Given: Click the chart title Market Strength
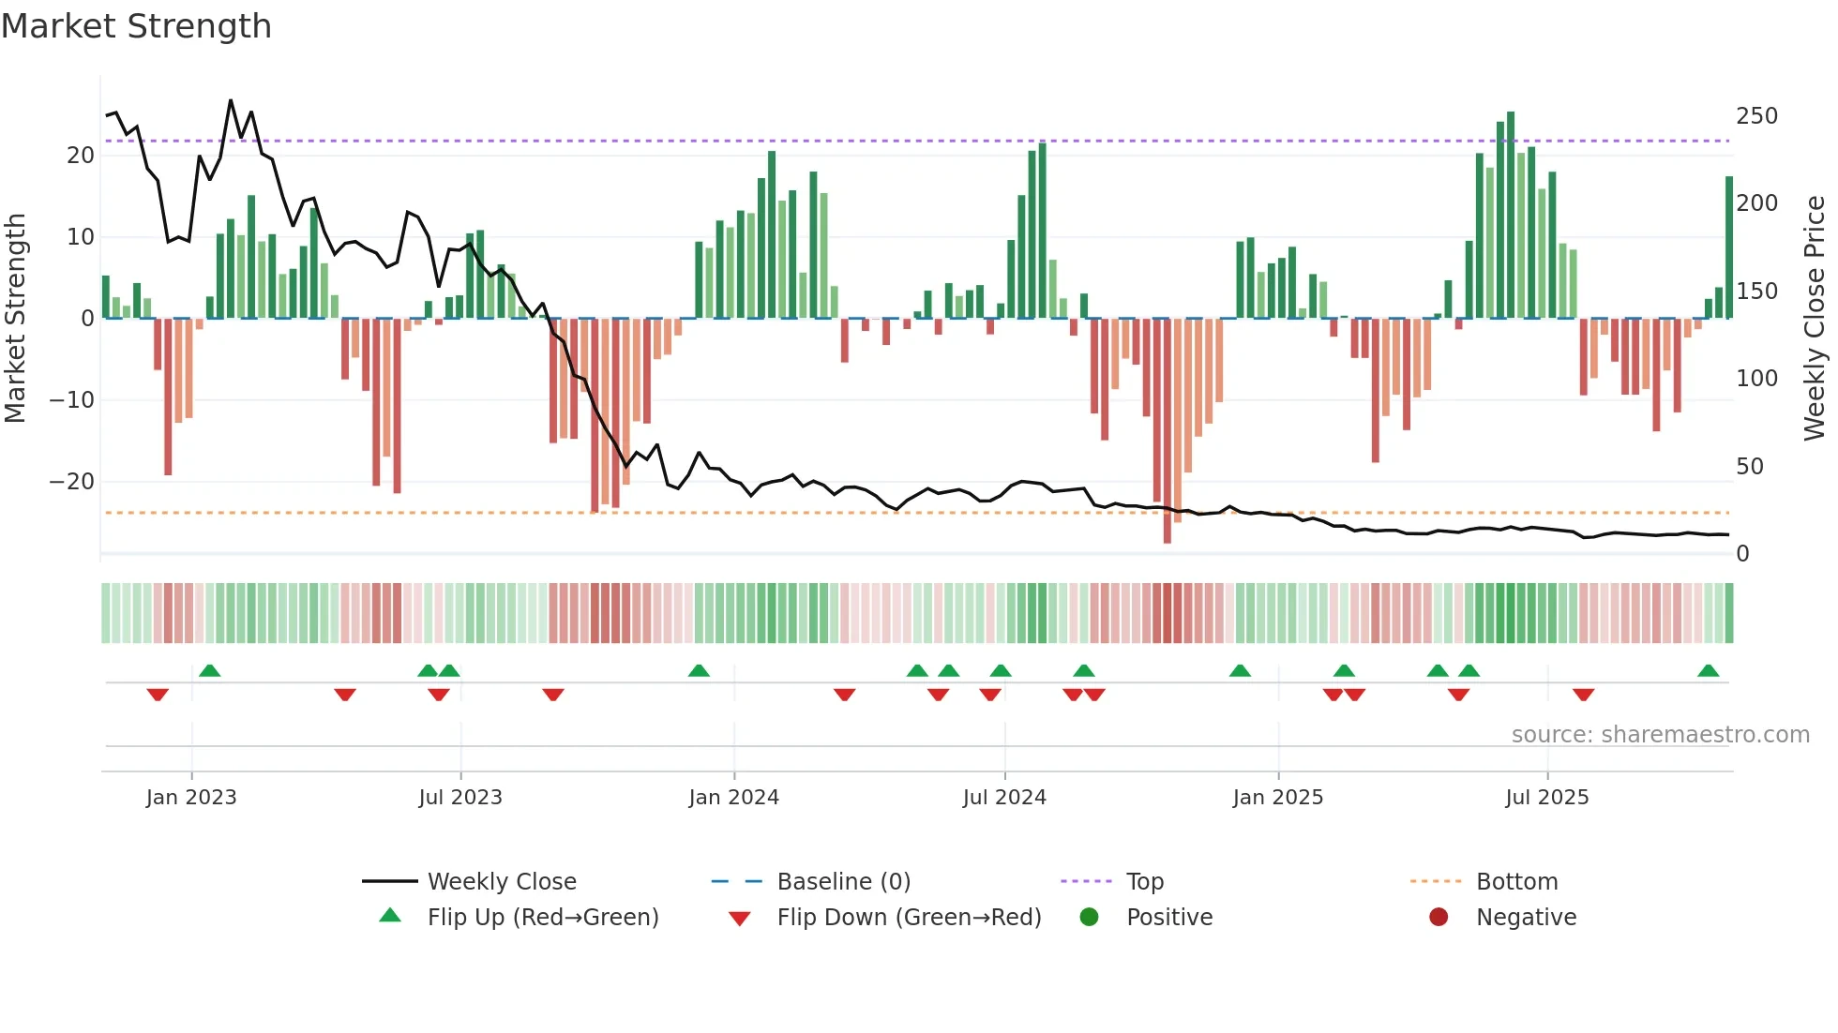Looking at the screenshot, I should coord(136,26).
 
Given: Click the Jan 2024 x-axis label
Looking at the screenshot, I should coord(733,798).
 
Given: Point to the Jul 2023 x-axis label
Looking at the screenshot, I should coord(460,798).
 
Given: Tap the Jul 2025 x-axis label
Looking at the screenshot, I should coord(1546,798).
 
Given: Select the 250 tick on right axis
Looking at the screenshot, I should coord(1756,116).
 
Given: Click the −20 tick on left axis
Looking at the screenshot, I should coord(71,482).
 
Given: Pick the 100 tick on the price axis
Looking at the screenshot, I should coord(1756,379).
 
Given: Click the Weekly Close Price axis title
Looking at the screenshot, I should coord(1815,319).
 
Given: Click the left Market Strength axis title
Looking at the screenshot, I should coord(16,319).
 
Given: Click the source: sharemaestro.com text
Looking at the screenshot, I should coord(1660,735).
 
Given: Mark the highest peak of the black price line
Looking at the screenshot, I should coord(231,100).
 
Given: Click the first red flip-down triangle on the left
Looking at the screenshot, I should coord(158,695).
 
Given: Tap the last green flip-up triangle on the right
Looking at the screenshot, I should coord(1708,671).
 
